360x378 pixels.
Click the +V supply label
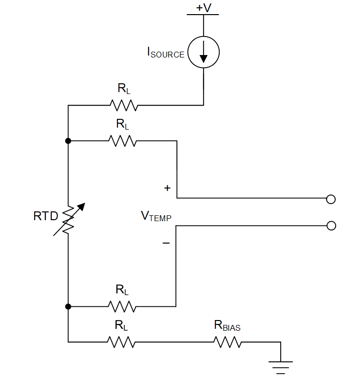(x=203, y=8)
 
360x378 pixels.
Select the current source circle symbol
(x=203, y=53)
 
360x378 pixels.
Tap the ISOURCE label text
(x=166, y=53)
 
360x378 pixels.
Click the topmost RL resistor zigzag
(x=124, y=105)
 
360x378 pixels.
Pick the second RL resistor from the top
(x=123, y=141)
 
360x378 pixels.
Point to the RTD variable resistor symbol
(x=69, y=219)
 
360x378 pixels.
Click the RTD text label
(x=46, y=216)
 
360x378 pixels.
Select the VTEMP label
(x=156, y=216)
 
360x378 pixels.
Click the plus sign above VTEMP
(x=168, y=188)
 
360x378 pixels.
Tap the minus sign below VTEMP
(x=166, y=242)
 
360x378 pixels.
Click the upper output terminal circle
(x=331, y=199)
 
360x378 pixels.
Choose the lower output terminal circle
(x=331, y=226)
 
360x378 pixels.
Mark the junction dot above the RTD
(x=68, y=141)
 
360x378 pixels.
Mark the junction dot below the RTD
(x=68, y=306)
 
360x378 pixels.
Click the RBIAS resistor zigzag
(x=227, y=342)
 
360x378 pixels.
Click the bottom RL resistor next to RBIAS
(x=122, y=342)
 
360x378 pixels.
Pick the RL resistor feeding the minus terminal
(x=122, y=306)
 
